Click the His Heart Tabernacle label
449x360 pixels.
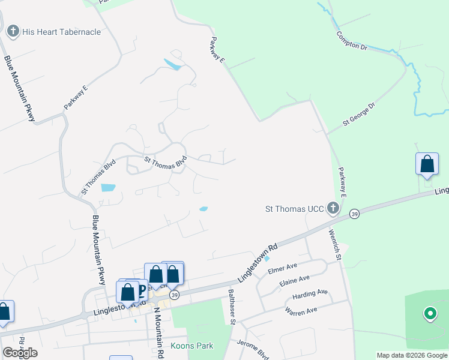click(61, 32)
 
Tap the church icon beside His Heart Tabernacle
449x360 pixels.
click(13, 31)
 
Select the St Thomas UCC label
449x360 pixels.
click(295, 209)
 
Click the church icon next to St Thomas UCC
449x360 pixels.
click(333, 209)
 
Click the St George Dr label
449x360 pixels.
click(358, 113)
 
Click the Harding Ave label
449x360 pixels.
click(310, 295)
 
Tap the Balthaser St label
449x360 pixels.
click(232, 305)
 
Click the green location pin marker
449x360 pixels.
click(430, 313)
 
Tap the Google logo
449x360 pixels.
click(20, 353)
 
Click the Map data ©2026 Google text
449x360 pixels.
click(412, 355)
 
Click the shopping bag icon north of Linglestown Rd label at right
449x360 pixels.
click(427, 164)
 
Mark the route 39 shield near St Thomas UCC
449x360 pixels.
click(355, 214)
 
